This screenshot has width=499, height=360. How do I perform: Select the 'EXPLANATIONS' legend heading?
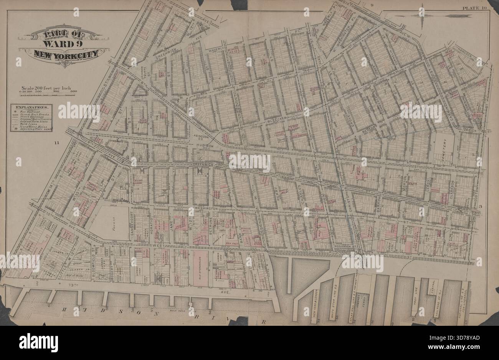point(31,107)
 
